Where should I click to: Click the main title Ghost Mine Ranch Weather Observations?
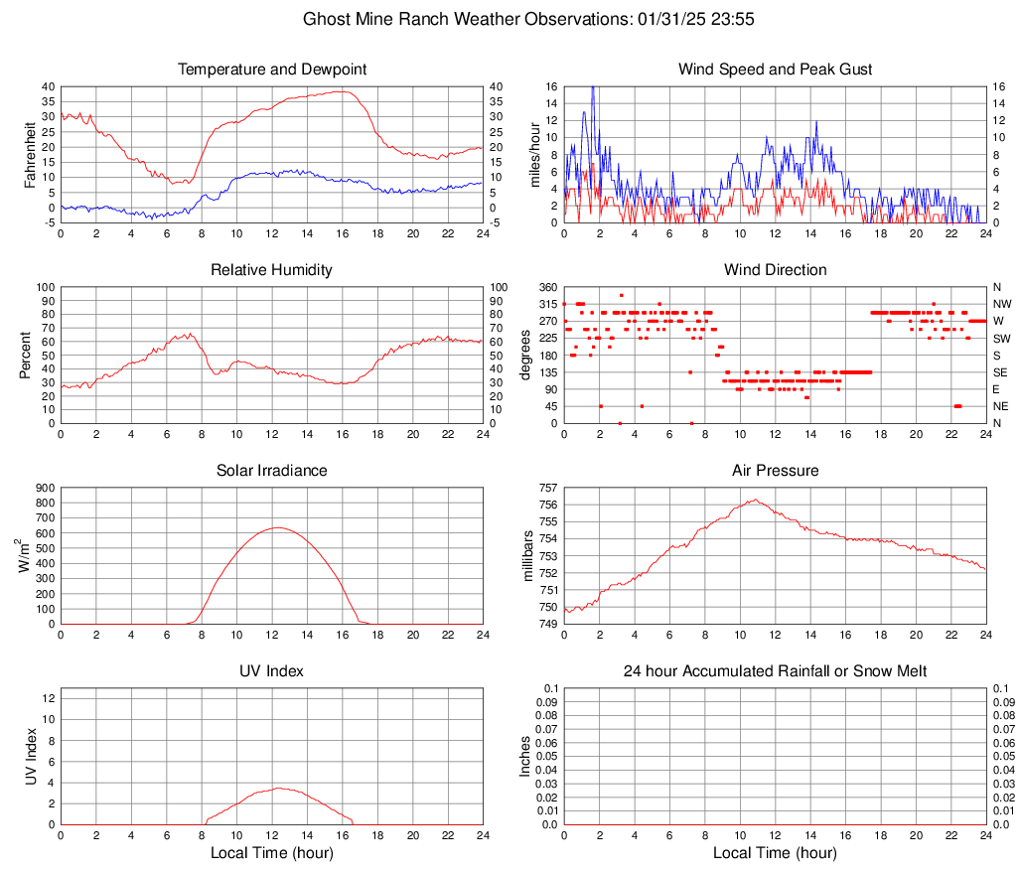click(x=510, y=19)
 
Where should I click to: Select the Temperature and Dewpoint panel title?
click(x=272, y=70)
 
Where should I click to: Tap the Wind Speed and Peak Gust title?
click(x=775, y=70)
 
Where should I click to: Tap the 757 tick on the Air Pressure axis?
click(x=546, y=488)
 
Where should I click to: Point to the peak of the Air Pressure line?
click(x=756, y=500)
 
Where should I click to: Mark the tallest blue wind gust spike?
click(x=593, y=88)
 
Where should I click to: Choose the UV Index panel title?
click(x=271, y=671)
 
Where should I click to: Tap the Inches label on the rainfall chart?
click(x=526, y=756)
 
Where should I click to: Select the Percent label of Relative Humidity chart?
click(x=27, y=355)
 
